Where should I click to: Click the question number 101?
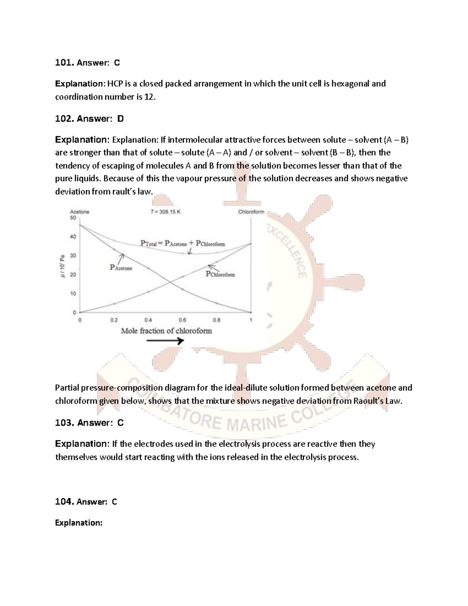64,62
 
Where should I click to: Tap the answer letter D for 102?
120,119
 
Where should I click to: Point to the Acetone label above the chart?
80,212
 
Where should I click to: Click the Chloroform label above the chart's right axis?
251,212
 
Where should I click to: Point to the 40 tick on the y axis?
73,236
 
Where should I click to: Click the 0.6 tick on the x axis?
182,320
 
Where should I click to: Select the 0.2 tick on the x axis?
113,320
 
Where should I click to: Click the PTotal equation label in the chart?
183,243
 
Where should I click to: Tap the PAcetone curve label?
121,268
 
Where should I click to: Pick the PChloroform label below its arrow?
220,274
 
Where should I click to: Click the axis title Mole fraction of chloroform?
167,331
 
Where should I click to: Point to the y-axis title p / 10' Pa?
62,265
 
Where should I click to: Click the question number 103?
64,423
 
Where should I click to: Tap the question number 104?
64,502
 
